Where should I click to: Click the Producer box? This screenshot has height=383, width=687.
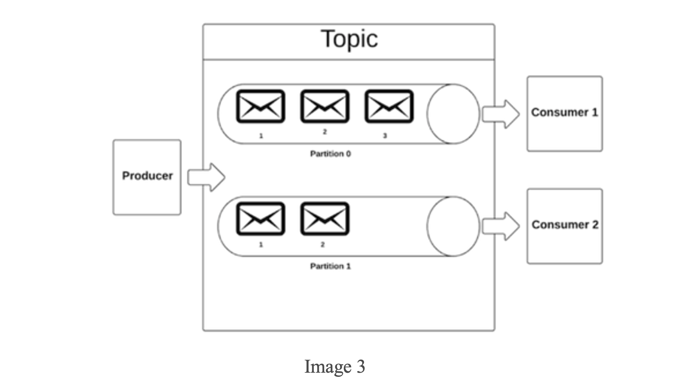pyautogui.click(x=147, y=177)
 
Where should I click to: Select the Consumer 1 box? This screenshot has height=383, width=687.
pyautogui.click(x=565, y=114)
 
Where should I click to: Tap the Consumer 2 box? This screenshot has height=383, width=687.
pyautogui.click(x=565, y=226)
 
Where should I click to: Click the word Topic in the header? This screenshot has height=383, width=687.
pyautogui.click(x=349, y=39)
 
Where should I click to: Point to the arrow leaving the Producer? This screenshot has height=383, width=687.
pyautogui.click(x=206, y=177)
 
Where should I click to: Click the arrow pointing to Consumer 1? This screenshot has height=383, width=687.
pyautogui.click(x=501, y=114)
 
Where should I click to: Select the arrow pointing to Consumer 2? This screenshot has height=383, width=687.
pyautogui.click(x=501, y=227)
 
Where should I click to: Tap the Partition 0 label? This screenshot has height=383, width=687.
pyautogui.click(x=330, y=154)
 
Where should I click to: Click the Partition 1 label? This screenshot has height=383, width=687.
pyautogui.click(x=330, y=266)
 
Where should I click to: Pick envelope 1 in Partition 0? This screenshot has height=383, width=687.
pyautogui.click(x=261, y=106)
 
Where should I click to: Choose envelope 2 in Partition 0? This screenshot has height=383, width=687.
pyautogui.click(x=325, y=106)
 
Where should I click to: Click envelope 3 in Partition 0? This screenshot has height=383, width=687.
pyautogui.click(x=389, y=106)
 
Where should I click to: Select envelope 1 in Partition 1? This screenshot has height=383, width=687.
pyautogui.click(x=261, y=219)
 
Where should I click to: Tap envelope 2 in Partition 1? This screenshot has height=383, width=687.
pyautogui.click(x=325, y=219)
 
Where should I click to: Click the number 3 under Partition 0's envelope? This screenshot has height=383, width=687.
pyautogui.click(x=385, y=136)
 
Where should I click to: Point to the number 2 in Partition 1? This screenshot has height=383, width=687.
pyautogui.click(x=323, y=245)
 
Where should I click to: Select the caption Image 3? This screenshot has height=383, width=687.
pyautogui.click(x=335, y=367)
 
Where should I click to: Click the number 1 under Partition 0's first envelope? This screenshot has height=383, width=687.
pyautogui.click(x=261, y=136)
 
